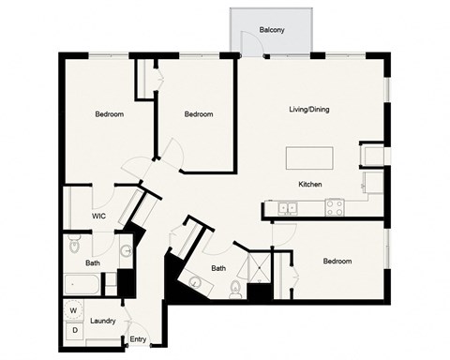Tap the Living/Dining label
[x=308, y=110]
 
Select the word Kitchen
[x=310, y=184]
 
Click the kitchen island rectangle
[x=309, y=156]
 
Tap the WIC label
[x=98, y=216]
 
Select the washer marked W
[x=72, y=310]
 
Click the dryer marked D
[x=72, y=330]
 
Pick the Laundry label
[x=102, y=321]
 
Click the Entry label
[x=139, y=339]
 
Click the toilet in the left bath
[x=75, y=246]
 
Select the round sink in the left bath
[x=124, y=251]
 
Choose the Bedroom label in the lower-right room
[x=337, y=261]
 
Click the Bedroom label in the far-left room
[x=110, y=114]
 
